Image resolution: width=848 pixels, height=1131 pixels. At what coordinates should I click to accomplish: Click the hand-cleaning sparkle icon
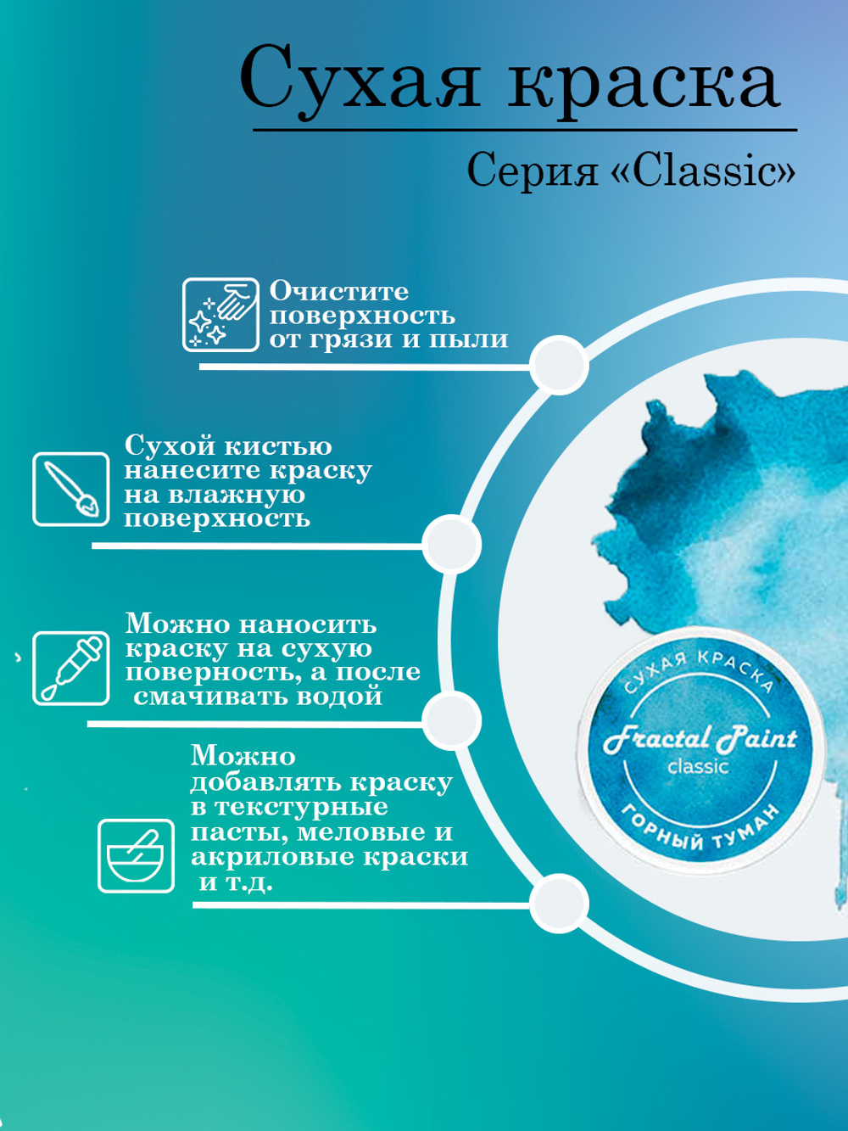pyautogui.click(x=221, y=315)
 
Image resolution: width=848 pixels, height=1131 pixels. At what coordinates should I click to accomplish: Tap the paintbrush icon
pyautogui.click(x=71, y=490)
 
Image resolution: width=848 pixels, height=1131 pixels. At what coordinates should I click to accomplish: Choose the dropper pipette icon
pyautogui.click(x=71, y=668)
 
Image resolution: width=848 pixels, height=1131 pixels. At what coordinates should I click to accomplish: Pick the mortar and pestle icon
pyautogui.click(x=136, y=855)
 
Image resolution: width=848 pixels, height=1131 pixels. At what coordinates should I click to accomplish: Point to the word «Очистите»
pyautogui.click(x=339, y=291)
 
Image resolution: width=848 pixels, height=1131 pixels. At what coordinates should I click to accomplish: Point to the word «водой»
pyautogui.click(x=344, y=697)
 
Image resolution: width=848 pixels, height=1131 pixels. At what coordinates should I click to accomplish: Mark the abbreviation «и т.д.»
pyautogui.click(x=236, y=882)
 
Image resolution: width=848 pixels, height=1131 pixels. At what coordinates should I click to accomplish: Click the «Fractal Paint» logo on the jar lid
pyautogui.click(x=700, y=738)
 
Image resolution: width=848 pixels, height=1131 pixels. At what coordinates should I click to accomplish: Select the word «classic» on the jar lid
pyautogui.click(x=698, y=767)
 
